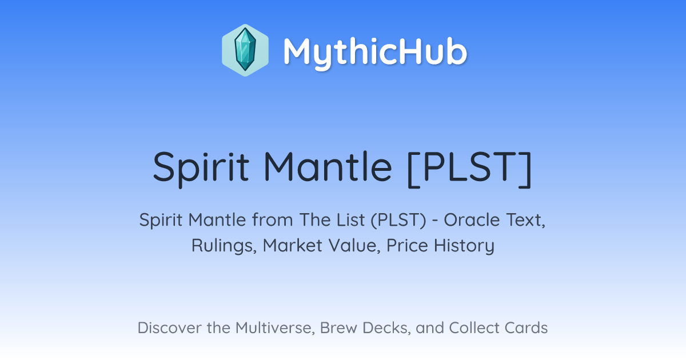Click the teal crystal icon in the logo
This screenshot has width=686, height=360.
pyautogui.click(x=245, y=50)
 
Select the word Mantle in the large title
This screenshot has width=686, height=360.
pyautogui.click(x=328, y=166)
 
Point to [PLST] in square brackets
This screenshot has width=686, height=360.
pyautogui.click(x=470, y=169)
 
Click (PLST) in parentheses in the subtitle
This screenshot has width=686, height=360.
pyautogui.click(x=398, y=220)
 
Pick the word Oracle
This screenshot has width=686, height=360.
pyautogui.click(x=472, y=220)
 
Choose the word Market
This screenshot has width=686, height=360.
pyautogui.click(x=293, y=245)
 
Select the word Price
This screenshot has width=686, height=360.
pyautogui.click(x=407, y=245)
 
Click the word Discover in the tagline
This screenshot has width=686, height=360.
pyautogui.click(x=170, y=327)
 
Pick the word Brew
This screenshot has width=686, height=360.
pyautogui.click(x=338, y=327)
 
